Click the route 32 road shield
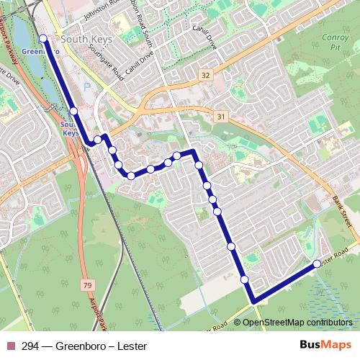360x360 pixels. (206, 75)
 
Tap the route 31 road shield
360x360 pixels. (220, 117)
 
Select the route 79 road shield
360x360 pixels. (87, 287)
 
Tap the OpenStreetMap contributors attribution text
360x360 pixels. (295, 323)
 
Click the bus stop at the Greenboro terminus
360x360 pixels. (43, 39)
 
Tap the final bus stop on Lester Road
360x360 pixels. (317, 264)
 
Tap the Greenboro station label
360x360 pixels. (35, 52)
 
